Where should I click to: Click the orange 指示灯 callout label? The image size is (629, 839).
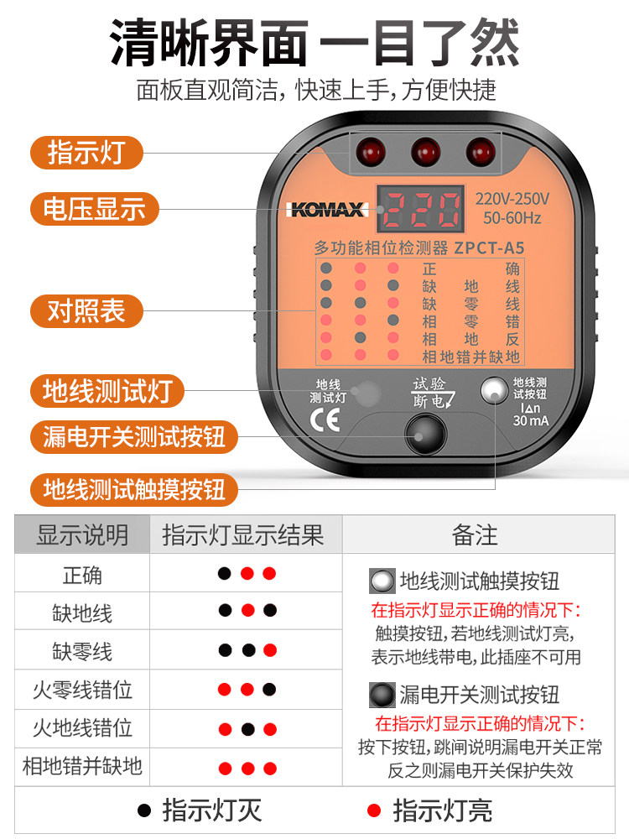click(86, 153)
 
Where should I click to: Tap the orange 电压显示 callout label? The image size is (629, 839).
click(94, 209)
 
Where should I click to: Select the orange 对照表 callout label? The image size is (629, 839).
click(86, 311)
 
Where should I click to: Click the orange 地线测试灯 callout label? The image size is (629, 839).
click(107, 391)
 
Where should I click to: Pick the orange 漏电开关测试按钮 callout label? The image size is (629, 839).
click(133, 436)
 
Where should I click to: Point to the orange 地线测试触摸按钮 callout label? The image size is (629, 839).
click(133, 490)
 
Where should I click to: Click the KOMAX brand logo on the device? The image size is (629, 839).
click(327, 209)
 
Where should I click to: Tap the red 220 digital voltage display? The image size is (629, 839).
click(421, 209)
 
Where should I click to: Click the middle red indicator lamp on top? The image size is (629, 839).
click(426, 152)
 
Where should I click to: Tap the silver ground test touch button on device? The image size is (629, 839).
click(494, 391)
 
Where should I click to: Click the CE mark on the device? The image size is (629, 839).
click(325, 420)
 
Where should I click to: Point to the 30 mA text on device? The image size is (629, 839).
click(531, 420)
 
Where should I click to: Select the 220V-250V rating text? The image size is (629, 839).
click(512, 199)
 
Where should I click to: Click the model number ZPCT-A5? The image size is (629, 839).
click(489, 248)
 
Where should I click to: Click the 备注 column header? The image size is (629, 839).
click(475, 535)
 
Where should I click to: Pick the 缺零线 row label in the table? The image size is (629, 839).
click(82, 652)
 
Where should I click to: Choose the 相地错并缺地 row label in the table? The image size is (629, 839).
click(82, 766)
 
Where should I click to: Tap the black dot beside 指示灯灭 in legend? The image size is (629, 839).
click(144, 810)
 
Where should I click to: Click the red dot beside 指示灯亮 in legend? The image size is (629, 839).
click(374, 810)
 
